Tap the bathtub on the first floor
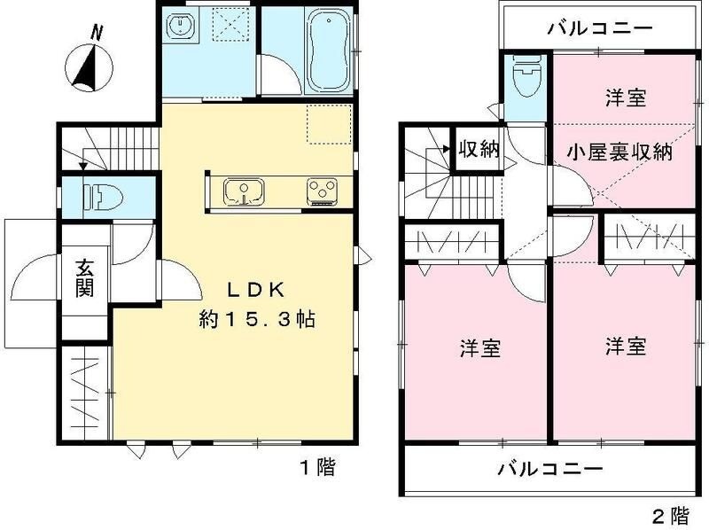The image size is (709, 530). [x=328, y=51]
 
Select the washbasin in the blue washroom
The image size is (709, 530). [x=182, y=26]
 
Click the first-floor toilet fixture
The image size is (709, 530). [x=104, y=198]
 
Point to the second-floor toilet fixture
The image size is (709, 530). [x=526, y=76]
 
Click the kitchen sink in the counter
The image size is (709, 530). [x=244, y=191]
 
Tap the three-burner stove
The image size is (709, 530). [x=322, y=191]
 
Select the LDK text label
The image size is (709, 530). [x=255, y=291]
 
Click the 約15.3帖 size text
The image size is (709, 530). [x=257, y=320]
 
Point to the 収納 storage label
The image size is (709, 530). [x=479, y=149]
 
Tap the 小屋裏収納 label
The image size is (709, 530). [x=620, y=152]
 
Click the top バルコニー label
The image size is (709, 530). [x=601, y=28]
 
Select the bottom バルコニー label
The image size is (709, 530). [x=550, y=469]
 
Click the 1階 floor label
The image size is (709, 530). [x=318, y=467]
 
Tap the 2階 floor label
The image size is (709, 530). [x=671, y=515]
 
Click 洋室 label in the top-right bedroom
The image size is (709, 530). [x=626, y=97]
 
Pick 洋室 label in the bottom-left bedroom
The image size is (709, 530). [x=480, y=348]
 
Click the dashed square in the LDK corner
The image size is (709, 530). [x=329, y=124]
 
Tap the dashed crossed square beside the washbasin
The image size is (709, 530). [x=231, y=25]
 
